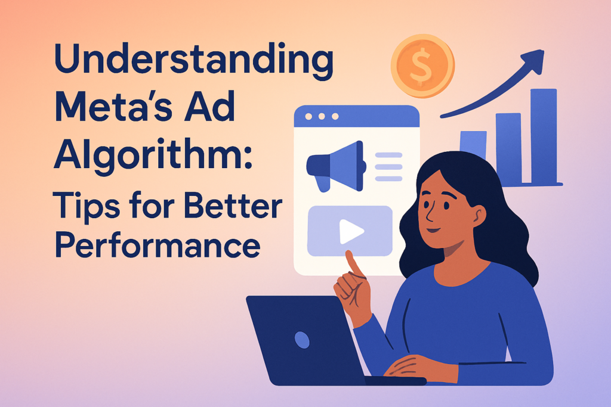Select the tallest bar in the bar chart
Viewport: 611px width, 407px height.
click(x=544, y=136)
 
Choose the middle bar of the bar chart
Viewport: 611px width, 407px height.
click(x=508, y=148)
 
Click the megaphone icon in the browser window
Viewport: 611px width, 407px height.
click(x=336, y=166)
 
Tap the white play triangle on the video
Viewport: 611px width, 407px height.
click(x=351, y=232)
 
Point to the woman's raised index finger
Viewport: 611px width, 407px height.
click(x=354, y=264)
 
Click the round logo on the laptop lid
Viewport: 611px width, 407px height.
click(x=302, y=340)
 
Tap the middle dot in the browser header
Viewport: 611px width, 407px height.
click(x=322, y=116)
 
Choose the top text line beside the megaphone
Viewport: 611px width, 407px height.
click(x=388, y=155)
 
